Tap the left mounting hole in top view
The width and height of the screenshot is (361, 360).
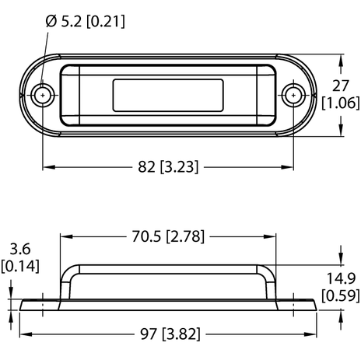[42, 96]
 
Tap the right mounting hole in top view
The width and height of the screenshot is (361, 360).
[293, 96]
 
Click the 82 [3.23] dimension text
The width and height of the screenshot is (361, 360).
[167, 166]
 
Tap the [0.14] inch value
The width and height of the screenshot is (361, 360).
[17, 267]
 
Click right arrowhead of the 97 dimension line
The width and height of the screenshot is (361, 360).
[317, 334]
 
